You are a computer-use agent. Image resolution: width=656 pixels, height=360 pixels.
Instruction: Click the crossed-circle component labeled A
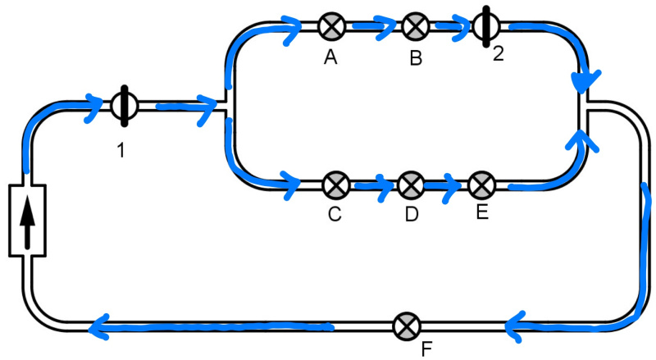tap(331, 25)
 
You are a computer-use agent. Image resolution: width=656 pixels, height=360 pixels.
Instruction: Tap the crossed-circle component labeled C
tap(335, 185)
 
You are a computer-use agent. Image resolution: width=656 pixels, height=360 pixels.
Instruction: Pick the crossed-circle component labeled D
tap(411, 185)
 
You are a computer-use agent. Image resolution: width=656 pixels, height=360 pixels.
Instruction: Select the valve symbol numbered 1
tap(123, 105)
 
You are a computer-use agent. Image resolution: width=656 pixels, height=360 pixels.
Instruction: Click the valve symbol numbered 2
tap(485, 26)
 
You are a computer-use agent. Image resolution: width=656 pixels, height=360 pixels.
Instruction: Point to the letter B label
tap(416, 58)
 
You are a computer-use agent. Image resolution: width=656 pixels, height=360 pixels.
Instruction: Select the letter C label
tap(335, 214)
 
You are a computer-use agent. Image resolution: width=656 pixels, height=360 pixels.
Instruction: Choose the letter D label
tap(412, 215)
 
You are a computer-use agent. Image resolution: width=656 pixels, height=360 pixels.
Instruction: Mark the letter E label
tap(481, 212)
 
